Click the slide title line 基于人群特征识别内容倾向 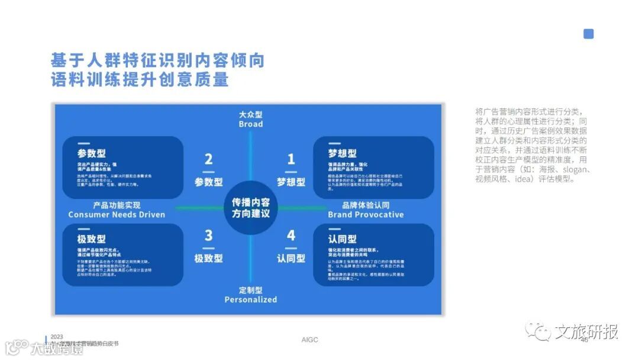click(x=157, y=61)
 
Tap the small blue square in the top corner click(x=588, y=34)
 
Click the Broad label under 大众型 click(x=250, y=124)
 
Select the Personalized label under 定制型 click(x=250, y=300)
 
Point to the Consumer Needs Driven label click(x=117, y=214)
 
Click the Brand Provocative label click(x=366, y=214)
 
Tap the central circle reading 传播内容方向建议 click(x=250, y=207)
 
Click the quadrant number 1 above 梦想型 click(x=291, y=159)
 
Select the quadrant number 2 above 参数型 click(x=208, y=159)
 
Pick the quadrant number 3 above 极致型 click(x=208, y=236)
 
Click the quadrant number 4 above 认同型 click(x=291, y=236)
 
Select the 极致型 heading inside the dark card click(x=92, y=239)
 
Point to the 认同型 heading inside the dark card click(x=342, y=239)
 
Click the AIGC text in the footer click(x=309, y=339)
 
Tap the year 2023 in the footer click(x=57, y=336)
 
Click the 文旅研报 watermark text click(x=586, y=332)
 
